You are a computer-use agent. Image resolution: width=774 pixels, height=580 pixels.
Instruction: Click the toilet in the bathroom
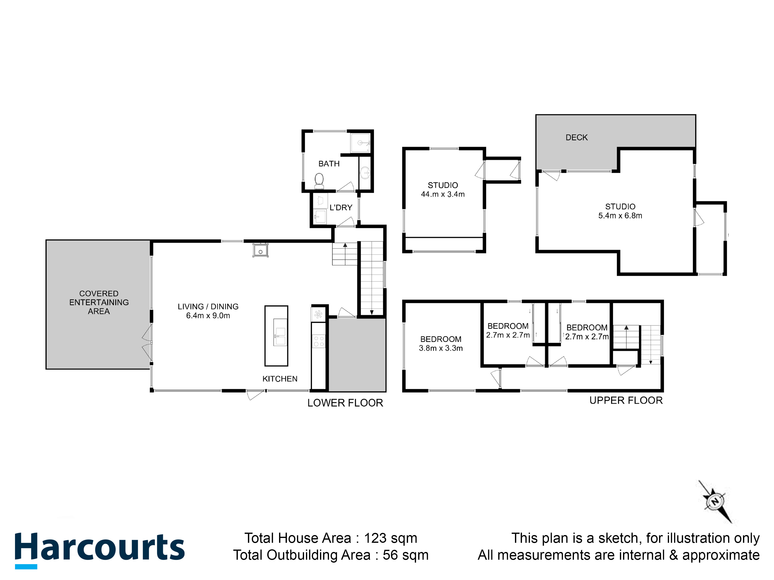(x=319, y=180)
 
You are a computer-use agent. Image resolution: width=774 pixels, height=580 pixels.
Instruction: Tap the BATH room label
(x=329, y=164)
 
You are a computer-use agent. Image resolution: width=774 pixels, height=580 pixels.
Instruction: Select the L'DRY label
(x=341, y=208)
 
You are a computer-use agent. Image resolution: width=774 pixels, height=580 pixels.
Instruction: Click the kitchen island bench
(x=276, y=336)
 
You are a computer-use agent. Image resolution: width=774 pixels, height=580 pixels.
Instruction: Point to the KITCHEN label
(x=280, y=379)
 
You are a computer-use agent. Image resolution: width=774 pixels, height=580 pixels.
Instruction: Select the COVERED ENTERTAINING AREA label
(x=99, y=302)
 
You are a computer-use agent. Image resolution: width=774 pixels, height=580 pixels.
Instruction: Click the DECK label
(x=577, y=138)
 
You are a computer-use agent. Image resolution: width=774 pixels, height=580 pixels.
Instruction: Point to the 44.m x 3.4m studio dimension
(x=443, y=194)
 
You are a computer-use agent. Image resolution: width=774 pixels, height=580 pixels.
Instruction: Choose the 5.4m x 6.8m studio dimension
(x=620, y=216)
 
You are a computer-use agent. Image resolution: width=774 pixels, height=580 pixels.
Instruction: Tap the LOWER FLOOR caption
(x=345, y=403)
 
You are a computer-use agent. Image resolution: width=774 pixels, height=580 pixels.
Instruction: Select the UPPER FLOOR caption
(x=626, y=400)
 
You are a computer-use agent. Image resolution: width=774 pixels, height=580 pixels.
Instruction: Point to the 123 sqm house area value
(x=390, y=538)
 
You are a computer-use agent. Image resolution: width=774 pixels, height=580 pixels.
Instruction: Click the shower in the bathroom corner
(x=360, y=143)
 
